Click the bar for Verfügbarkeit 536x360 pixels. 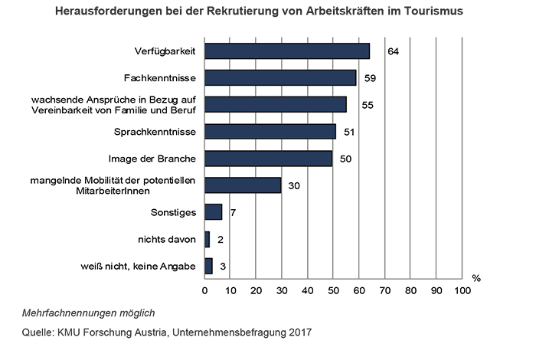coord(287,51)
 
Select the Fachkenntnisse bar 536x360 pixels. coord(280,78)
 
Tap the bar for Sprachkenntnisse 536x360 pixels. coord(270,132)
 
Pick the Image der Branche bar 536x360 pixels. coord(268,159)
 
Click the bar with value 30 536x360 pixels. coord(243,185)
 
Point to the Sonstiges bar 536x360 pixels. coord(213,211)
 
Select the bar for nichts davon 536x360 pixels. coord(207,239)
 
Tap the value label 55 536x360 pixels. coord(368,105)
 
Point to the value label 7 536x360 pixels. coord(233,212)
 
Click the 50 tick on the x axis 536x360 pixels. coord(333,291)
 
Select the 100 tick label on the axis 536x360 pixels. coord(462,291)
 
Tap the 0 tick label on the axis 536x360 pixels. coord(204,291)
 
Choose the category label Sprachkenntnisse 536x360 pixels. coord(156,132)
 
